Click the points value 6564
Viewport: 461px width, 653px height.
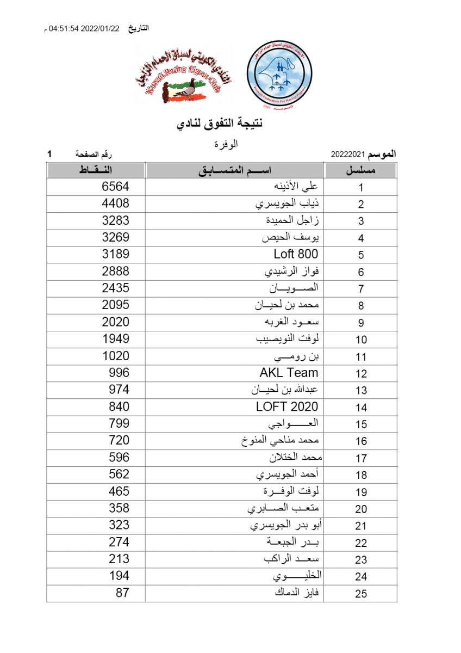pos(115,187)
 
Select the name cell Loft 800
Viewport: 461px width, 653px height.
pos(296,254)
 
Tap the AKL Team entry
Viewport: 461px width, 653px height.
pos(289,373)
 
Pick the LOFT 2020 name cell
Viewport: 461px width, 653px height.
pos(287,406)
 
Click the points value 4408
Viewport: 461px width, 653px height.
pos(115,204)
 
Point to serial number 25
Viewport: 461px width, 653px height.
pos(361,594)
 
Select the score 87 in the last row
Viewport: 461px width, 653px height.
pos(122,593)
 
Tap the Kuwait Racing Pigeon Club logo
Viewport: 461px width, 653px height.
pos(182,77)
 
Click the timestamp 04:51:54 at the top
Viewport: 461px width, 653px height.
pos(64,29)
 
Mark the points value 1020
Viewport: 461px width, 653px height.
pos(115,356)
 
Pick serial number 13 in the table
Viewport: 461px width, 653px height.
pos(361,390)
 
